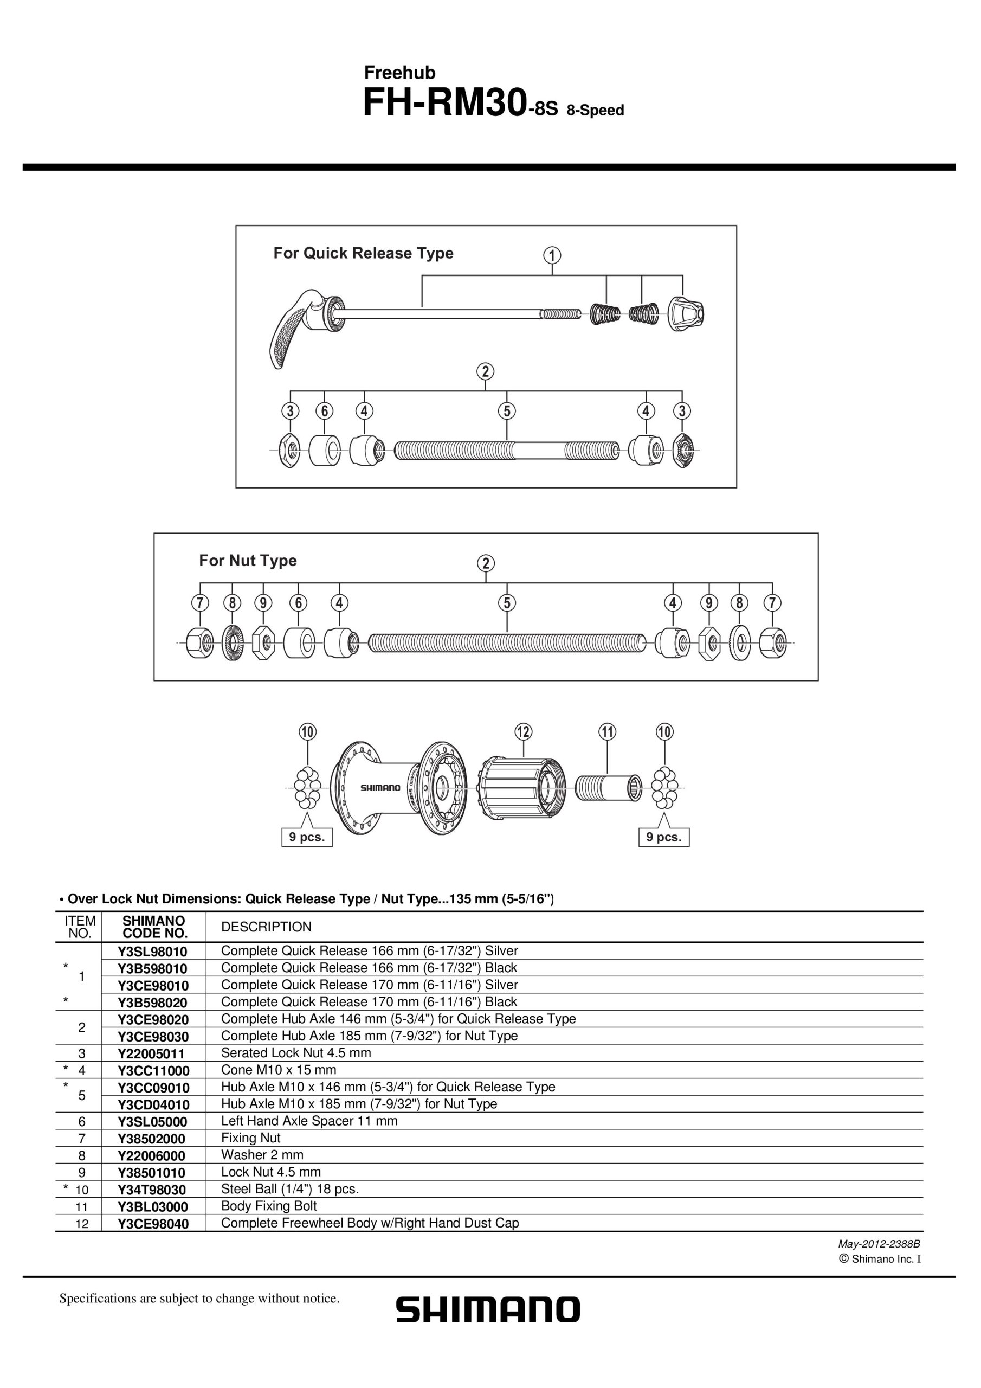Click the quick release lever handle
tap(290, 330)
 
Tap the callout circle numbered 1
tap(552, 255)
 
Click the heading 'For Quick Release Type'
tap(363, 253)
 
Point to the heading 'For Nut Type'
tap(248, 561)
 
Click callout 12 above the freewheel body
tap(524, 731)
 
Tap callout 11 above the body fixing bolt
tap(607, 731)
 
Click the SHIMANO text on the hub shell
tap(380, 788)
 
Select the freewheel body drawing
tap(523, 788)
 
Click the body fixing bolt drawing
tap(609, 788)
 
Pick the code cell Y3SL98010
tap(153, 952)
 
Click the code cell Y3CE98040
tap(153, 1224)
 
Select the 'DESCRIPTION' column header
tap(267, 927)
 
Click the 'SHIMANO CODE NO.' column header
tap(154, 927)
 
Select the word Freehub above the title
tap(399, 73)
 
